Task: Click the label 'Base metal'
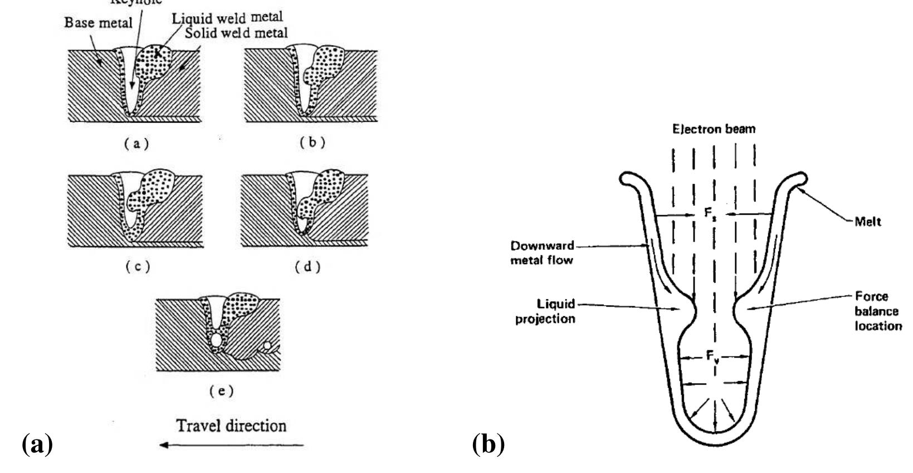pos(99,23)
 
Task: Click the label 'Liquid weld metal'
pos(227,17)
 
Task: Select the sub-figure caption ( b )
pos(312,142)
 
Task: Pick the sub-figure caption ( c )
pos(136,267)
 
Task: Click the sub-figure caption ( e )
pos(221,391)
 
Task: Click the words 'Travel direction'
pos(231,426)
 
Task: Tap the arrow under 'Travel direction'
pos(231,445)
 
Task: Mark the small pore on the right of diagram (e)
pos(267,346)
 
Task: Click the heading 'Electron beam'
pos(714,129)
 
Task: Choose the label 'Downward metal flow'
pos(542,253)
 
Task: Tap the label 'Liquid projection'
pos(545,311)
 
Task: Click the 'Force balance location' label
pos(877,311)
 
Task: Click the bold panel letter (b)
pos(489,445)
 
